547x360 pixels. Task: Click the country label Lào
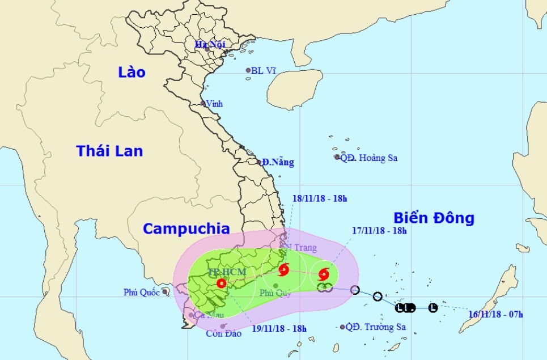(x=132, y=72)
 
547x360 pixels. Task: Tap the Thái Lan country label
(x=109, y=151)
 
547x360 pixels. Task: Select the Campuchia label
(x=186, y=228)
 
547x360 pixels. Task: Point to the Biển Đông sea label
(x=433, y=218)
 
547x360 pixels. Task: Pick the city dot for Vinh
(x=203, y=104)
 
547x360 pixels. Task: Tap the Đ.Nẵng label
(x=278, y=163)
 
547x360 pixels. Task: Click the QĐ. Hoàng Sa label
(x=368, y=158)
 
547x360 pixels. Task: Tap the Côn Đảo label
(x=223, y=333)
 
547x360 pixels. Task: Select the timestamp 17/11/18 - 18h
(x=379, y=231)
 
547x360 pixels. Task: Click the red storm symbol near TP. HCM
(x=221, y=283)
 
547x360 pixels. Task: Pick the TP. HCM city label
(x=227, y=272)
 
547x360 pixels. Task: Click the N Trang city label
(x=301, y=248)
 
